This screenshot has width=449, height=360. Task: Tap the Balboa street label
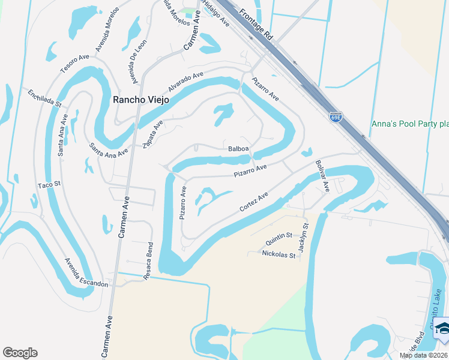[x=238, y=149]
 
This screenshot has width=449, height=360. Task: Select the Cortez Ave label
[x=253, y=202]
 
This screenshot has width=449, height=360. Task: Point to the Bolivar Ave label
[x=322, y=176]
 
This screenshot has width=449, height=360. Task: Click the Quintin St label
[x=279, y=242]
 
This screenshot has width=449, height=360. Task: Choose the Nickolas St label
[x=279, y=254]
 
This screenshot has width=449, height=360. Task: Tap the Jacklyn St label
[x=304, y=238]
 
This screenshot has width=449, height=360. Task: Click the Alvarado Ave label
[x=185, y=82]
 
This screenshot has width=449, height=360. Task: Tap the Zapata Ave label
[x=153, y=133]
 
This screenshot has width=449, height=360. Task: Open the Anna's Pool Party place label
[x=410, y=124]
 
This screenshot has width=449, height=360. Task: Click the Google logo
[x=20, y=353]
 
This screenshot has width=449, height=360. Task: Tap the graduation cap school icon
[x=442, y=328]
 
